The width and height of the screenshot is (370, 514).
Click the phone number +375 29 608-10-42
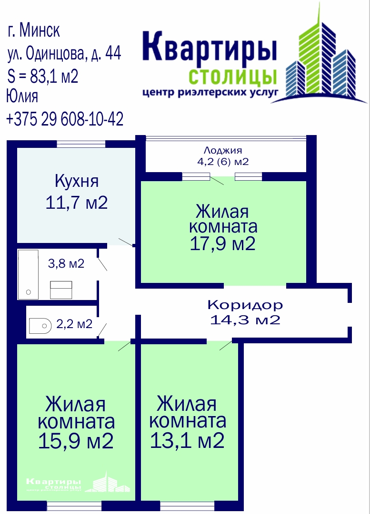[65, 119]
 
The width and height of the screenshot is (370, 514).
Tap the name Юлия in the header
[22, 96]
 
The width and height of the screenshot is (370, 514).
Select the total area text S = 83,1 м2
[43, 77]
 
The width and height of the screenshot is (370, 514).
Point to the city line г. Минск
[34, 30]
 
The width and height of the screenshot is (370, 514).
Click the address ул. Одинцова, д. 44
[64, 53]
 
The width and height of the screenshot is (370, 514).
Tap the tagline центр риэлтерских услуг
[210, 92]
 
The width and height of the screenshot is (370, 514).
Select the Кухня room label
[77, 181]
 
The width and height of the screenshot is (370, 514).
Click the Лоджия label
[223, 150]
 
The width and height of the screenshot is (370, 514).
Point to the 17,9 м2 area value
[223, 243]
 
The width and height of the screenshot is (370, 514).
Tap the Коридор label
[245, 305]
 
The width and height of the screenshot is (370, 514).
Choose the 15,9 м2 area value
[76, 441]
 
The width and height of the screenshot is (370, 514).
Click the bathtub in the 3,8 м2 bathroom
[28, 274]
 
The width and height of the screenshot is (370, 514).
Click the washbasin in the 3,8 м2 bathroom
[61, 290]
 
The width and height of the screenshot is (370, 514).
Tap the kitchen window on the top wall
[81, 144]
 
